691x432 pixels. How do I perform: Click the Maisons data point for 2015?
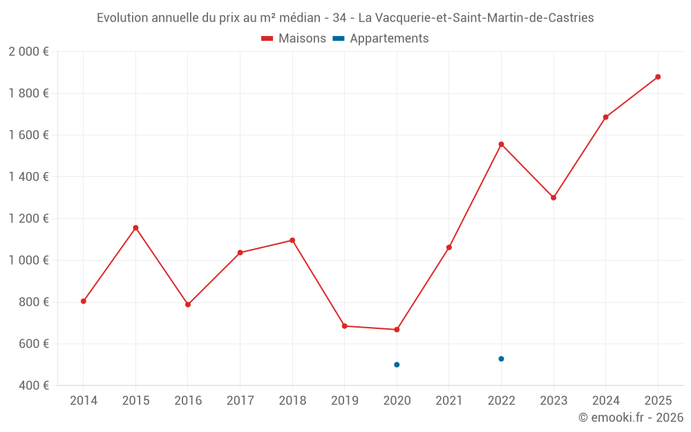tap(135, 227)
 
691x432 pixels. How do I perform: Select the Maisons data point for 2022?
tap(501, 144)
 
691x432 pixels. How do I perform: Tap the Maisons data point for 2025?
tap(658, 77)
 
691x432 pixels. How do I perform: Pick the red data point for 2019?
tap(344, 326)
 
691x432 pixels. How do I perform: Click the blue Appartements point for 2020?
tap(397, 364)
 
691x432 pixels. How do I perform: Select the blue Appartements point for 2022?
tap(501, 359)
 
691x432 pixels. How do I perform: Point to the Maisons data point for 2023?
tap(553, 198)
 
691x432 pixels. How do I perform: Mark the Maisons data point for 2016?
tap(188, 304)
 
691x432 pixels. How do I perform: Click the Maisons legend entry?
tap(294, 39)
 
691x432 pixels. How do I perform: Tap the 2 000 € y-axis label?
tap(28, 52)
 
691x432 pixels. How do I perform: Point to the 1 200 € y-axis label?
tap(28, 218)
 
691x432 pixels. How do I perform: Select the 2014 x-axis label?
tap(84, 401)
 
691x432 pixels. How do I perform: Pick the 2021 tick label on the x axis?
tap(449, 401)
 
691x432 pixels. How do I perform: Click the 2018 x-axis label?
tap(292, 401)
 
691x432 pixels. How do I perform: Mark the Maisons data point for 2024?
tap(605, 117)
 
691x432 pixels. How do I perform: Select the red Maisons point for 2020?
tap(397, 330)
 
